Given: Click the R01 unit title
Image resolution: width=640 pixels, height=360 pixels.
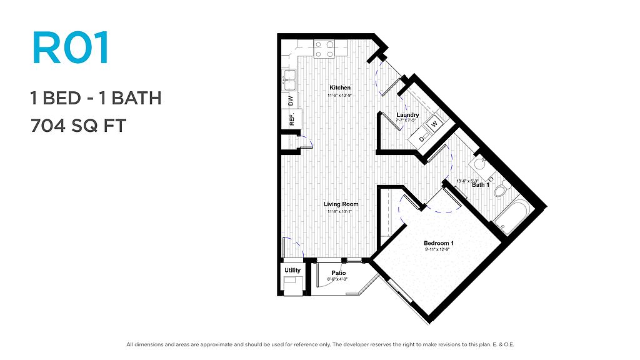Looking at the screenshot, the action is click(71, 47).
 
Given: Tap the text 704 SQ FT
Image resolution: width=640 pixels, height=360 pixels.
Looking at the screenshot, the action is click(78, 126).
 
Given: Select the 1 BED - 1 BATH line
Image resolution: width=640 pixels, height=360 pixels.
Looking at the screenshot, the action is click(96, 98).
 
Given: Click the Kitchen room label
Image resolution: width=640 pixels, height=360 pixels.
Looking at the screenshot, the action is click(340, 87).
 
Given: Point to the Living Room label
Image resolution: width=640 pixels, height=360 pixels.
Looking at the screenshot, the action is click(341, 204).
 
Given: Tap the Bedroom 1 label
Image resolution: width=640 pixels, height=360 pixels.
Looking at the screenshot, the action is click(439, 243).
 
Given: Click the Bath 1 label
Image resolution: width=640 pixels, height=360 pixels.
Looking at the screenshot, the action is click(481, 185).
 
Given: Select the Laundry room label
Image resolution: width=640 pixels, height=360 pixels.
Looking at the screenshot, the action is click(407, 115).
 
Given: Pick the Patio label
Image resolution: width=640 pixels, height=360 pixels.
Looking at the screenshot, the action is click(339, 273).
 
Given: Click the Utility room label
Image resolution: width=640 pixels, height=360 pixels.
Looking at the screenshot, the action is click(292, 270).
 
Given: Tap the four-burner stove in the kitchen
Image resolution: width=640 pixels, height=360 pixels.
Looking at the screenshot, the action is click(324, 49).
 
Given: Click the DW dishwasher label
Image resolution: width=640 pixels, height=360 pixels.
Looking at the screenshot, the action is click(291, 101).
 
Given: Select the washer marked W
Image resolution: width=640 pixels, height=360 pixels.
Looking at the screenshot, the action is click(434, 123).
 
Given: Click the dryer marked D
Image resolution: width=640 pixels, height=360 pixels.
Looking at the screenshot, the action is click(421, 139).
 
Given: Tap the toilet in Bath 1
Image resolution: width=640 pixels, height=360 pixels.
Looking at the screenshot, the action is click(502, 189).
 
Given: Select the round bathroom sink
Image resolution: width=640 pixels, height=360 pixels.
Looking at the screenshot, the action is click(477, 164).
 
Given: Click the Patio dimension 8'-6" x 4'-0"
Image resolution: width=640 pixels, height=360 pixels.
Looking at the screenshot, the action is click(337, 279).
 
